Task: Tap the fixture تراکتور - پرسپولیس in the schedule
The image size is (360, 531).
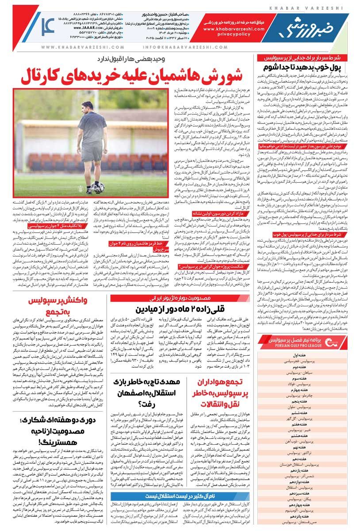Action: click(301, 453)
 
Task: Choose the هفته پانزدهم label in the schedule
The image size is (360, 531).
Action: click(301, 516)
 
